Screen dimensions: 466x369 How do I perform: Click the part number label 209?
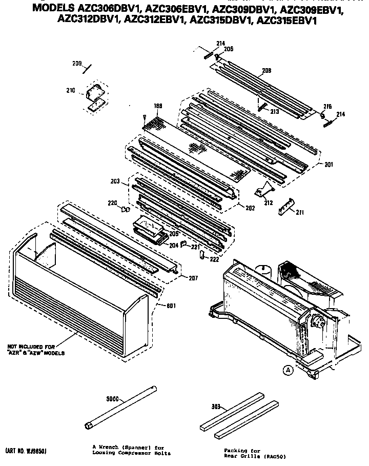point(76,64)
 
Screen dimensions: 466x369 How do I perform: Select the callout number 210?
point(70,91)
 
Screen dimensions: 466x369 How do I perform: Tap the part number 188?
point(144,106)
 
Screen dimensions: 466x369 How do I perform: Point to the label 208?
point(266,71)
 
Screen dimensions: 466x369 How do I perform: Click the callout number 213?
point(275,111)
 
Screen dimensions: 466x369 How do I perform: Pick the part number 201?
point(329,165)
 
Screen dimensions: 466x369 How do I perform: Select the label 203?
point(115,181)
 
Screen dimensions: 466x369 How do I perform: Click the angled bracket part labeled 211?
point(287,207)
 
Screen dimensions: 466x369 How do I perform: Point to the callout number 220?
point(112,203)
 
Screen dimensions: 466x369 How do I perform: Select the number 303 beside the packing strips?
point(216,407)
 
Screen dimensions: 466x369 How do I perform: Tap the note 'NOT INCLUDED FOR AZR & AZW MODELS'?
point(36,349)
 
